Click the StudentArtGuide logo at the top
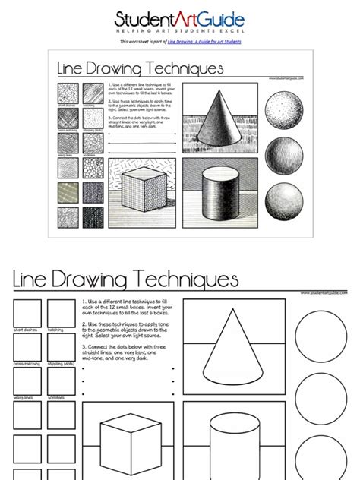[180, 17]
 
